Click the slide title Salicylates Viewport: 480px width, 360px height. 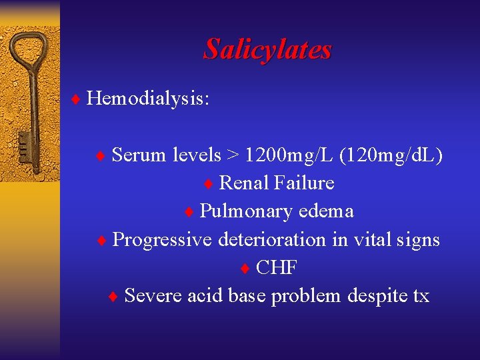267,49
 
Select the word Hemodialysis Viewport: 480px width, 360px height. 147,99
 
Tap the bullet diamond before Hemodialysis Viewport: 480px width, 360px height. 77,99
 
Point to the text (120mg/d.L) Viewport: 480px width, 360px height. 391,155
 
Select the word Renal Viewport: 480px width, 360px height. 243,183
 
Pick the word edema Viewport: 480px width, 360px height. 326,211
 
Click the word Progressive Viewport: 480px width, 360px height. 162,239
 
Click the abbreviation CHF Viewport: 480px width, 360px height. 277,267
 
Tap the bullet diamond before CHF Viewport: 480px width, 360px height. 245,268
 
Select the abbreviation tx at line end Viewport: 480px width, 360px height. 421,295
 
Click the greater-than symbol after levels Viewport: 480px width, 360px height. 233,155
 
